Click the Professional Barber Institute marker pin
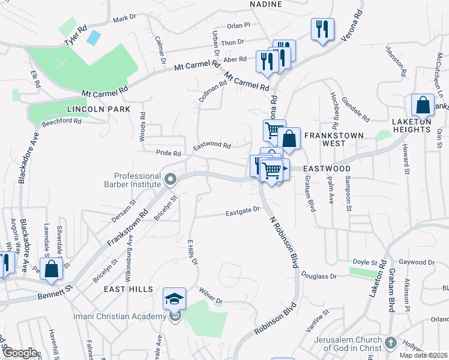point(170,179)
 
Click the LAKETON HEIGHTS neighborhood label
point(411,125)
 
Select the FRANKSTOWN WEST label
point(333,140)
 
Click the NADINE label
point(265,4)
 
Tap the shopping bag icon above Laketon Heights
point(423,105)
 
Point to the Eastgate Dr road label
point(242,211)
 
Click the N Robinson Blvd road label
point(284,242)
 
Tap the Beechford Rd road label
point(61,121)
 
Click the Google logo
point(19,353)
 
